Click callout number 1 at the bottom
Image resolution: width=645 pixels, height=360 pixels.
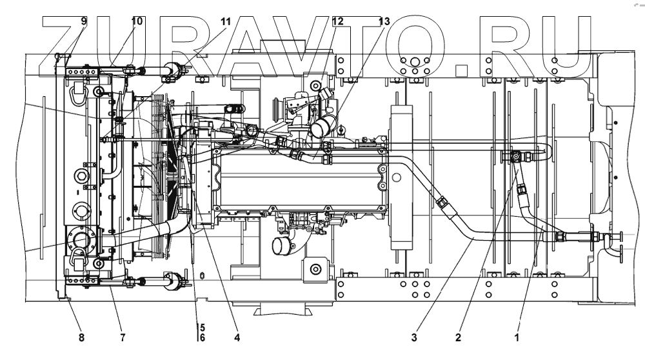[517, 336]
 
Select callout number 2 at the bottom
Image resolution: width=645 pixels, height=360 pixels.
[458, 336]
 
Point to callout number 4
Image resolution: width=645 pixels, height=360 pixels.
[237, 336]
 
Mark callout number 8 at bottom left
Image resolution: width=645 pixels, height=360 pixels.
[81, 336]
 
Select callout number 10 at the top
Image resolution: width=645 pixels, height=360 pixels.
[137, 21]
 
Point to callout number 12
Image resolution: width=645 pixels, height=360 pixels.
[337, 21]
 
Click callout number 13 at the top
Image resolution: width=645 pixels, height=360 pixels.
[384, 21]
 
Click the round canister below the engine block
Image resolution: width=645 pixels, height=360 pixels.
[281, 247]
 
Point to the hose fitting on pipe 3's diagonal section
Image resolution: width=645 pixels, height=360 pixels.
[442, 203]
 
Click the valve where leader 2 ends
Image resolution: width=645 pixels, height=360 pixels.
[517, 155]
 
